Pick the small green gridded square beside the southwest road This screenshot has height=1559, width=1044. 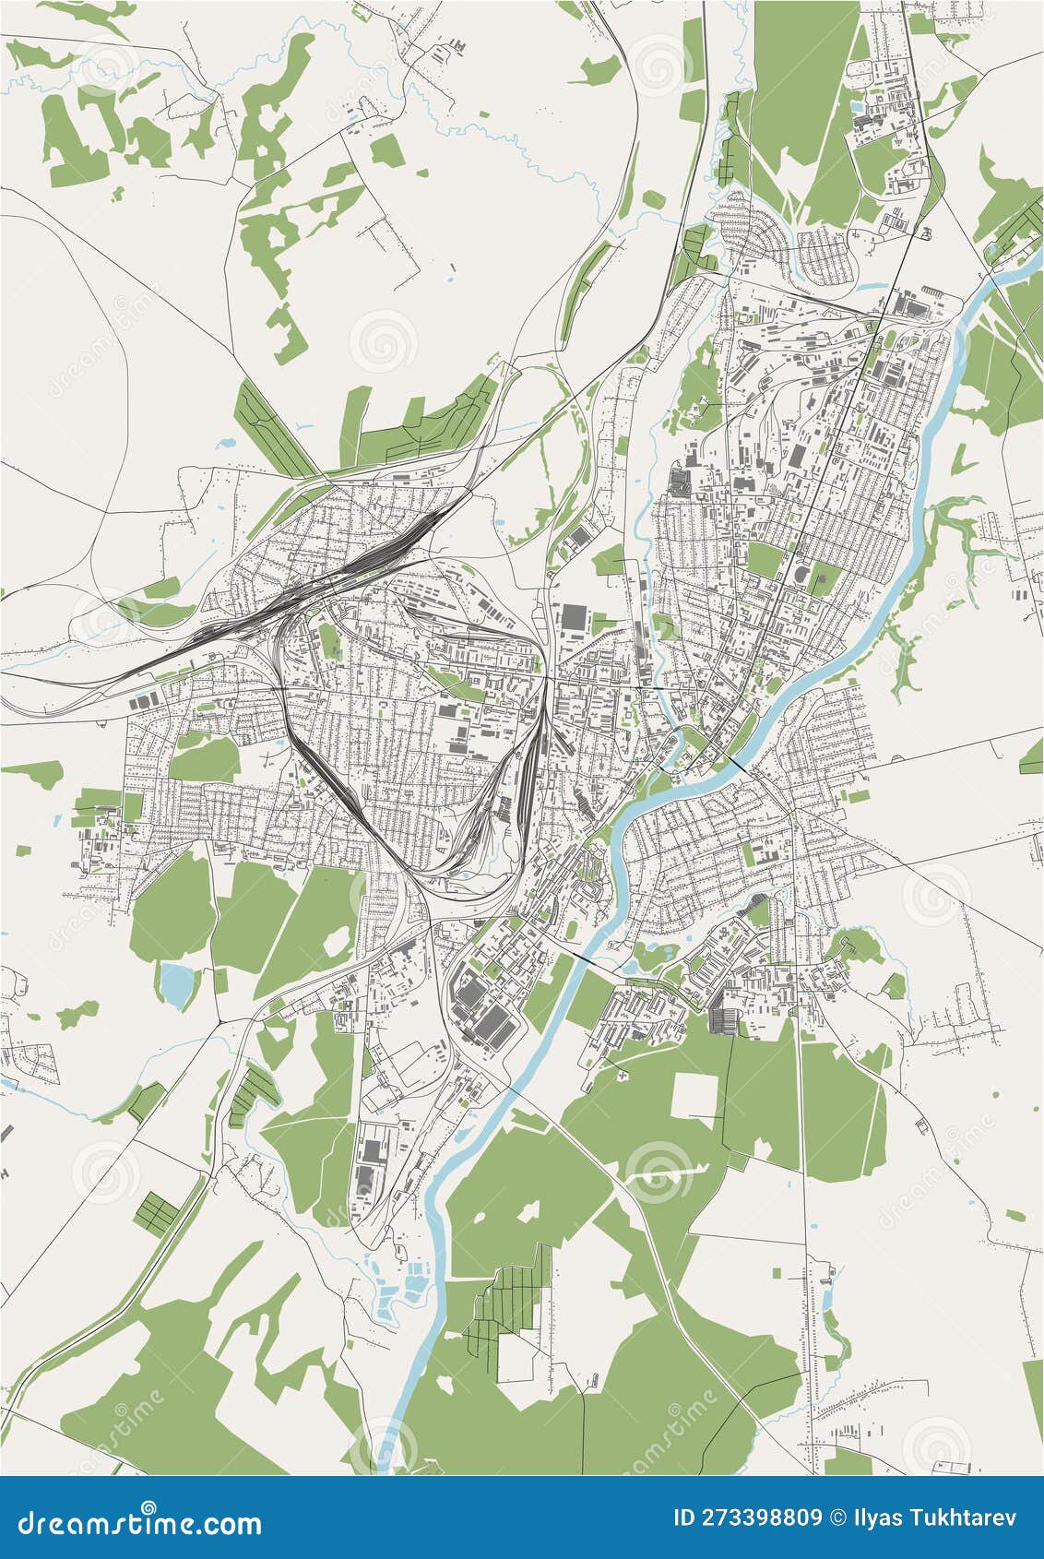tap(154, 1212)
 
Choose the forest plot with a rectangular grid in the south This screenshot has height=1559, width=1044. tap(503, 1310)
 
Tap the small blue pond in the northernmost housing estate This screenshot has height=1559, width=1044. tap(859, 108)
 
